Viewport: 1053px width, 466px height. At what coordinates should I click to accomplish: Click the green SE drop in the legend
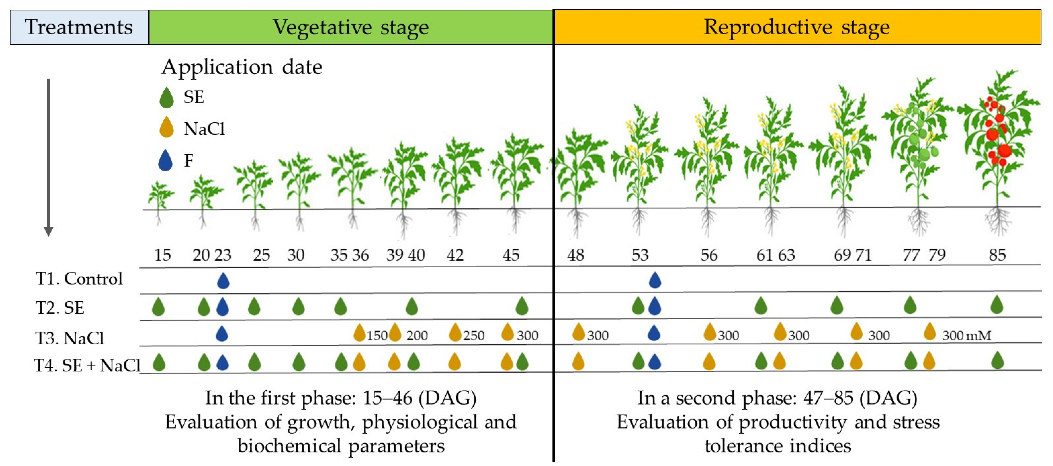pos(166,98)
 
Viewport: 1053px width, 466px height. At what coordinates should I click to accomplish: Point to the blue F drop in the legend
pos(166,160)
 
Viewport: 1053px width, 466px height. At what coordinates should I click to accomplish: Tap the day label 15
pos(162,255)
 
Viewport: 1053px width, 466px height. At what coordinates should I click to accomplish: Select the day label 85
pos(997,255)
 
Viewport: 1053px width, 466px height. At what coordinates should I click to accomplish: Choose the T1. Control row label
pos(79,279)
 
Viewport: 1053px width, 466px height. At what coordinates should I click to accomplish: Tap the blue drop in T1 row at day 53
pos(655,281)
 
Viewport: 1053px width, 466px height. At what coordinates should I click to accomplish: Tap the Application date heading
pos(242,67)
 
